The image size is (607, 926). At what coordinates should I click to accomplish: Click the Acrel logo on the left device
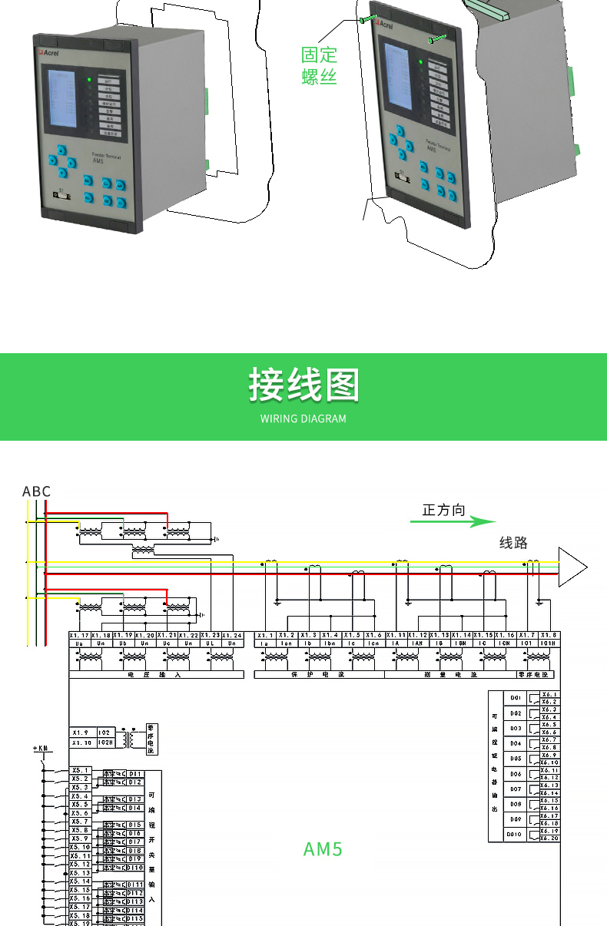(x=48, y=52)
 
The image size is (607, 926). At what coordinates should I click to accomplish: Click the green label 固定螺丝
(x=320, y=65)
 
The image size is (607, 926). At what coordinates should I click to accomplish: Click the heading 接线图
(x=303, y=384)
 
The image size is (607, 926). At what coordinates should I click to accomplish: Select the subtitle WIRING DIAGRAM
(x=303, y=419)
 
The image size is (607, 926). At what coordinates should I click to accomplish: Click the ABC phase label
(x=36, y=491)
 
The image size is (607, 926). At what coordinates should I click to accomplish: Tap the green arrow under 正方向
(x=453, y=522)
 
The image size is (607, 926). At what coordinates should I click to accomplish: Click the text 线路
(x=514, y=543)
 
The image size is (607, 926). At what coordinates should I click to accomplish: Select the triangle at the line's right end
(x=572, y=568)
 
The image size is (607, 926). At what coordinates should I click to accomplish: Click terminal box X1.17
(x=80, y=636)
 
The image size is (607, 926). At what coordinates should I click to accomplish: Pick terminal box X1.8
(x=549, y=636)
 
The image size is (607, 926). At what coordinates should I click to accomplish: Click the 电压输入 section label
(x=156, y=675)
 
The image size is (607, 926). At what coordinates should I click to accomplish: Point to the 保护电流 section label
(x=318, y=675)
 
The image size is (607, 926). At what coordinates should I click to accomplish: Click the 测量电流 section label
(x=449, y=675)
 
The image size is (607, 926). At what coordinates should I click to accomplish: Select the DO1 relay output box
(x=516, y=698)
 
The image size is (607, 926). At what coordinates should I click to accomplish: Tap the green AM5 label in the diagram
(x=323, y=849)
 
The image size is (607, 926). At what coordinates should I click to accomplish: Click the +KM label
(x=41, y=748)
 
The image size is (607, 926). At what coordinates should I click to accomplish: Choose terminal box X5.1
(x=81, y=770)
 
